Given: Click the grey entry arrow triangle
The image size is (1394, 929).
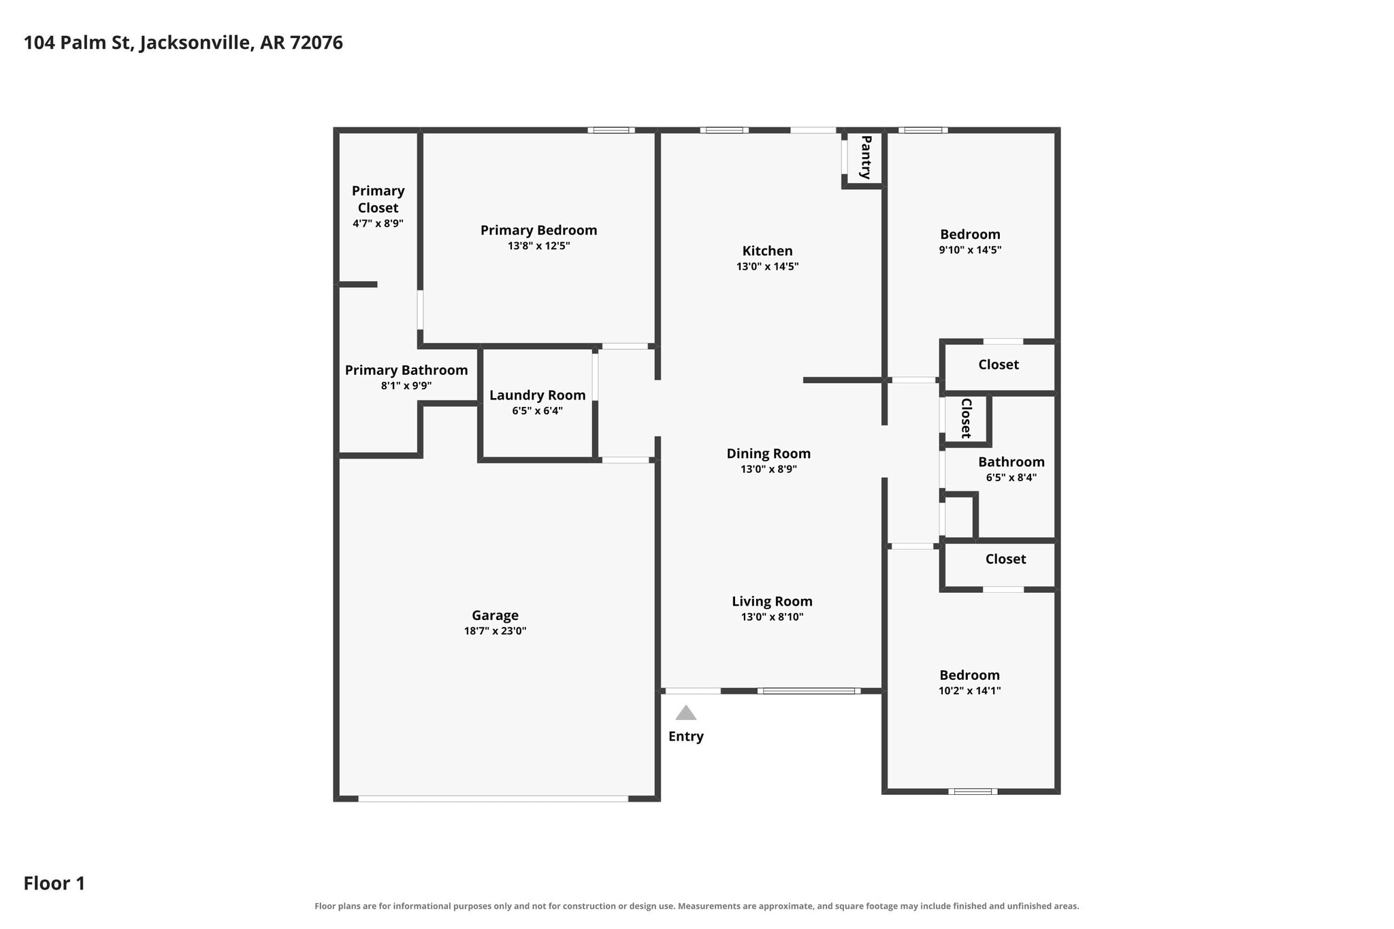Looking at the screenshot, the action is click(685, 713).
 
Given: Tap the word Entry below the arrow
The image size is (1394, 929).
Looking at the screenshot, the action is click(685, 736).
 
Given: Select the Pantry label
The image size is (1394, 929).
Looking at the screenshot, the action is click(866, 157).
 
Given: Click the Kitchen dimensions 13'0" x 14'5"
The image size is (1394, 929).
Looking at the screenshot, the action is click(767, 267).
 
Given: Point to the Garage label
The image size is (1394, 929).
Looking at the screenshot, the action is click(495, 615).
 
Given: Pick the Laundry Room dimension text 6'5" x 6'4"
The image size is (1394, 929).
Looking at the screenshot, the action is click(537, 411).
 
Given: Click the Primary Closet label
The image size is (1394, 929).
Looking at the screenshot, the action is click(378, 199).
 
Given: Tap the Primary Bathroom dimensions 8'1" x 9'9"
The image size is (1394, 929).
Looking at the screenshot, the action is click(406, 386).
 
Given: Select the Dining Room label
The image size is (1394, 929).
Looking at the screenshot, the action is click(768, 453).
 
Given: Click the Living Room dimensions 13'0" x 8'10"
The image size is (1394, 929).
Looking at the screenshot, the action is click(772, 617).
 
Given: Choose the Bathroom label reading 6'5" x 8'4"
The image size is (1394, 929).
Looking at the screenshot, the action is click(1011, 478).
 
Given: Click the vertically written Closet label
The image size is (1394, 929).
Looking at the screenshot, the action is click(966, 418).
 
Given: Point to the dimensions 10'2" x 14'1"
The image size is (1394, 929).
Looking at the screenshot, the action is click(969, 691).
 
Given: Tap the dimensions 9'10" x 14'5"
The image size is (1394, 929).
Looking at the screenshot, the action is click(970, 250).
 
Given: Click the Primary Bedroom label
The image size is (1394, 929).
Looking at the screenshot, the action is click(538, 230).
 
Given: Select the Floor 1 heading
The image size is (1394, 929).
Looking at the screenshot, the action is click(54, 883).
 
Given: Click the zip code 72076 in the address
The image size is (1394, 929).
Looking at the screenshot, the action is click(317, 43).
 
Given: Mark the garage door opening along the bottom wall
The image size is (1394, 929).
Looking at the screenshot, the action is click(493, 798).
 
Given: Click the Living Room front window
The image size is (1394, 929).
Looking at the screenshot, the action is click(809, 691).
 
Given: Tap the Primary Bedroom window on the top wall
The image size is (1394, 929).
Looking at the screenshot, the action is click(611, 130).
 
